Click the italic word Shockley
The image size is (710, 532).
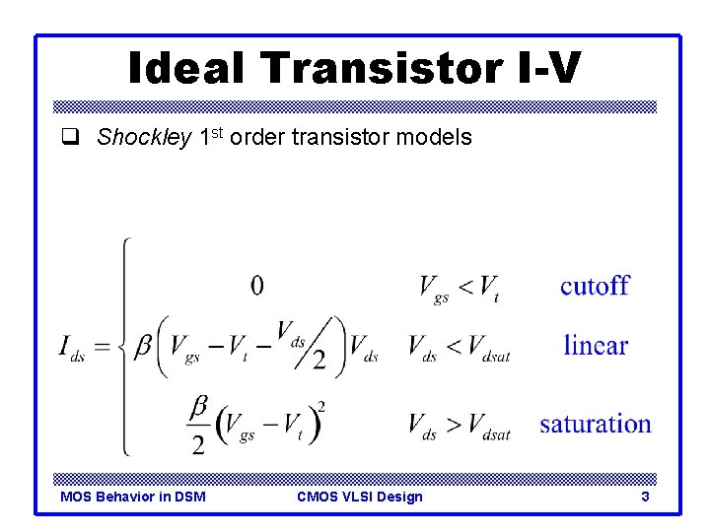click(143, 138)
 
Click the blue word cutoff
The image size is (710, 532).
click(595, 287)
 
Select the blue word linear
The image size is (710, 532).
click(596, 346)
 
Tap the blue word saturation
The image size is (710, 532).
click(596, 425)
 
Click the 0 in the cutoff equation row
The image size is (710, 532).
click(257, 286)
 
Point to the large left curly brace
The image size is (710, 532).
click(123, 347)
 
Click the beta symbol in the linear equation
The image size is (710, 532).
click(144, 346)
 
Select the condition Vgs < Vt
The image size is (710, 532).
click(459, 288)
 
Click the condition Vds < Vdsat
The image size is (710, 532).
click(460, 348)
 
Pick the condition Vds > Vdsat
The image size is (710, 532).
click(460, 426)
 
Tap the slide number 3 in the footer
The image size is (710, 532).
click(645, 497)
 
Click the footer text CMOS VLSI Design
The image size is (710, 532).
click(359, 497)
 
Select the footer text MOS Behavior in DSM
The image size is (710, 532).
click(133, 497)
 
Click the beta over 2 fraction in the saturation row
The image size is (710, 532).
click(198, 425)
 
